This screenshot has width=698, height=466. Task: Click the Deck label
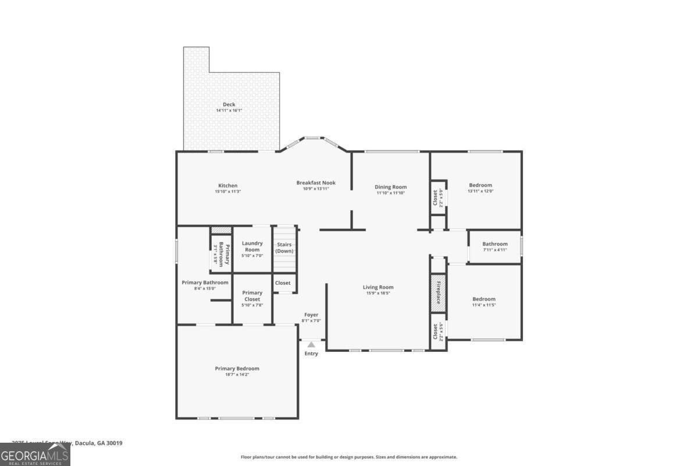[229, 107]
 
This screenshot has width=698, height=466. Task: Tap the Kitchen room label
[227, 188]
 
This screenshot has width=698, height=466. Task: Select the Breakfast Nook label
[316, 185]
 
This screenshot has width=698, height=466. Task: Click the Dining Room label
[390, 189]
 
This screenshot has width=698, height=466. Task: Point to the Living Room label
[378, 290]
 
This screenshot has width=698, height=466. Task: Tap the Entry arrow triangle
[311, 345]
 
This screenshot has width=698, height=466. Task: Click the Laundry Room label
[252, 249]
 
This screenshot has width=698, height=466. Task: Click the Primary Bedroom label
[237, 371]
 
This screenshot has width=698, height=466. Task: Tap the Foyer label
[311, 317]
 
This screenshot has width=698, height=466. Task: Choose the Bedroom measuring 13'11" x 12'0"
[480, 188]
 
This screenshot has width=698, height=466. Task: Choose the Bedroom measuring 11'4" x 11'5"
[483, 302]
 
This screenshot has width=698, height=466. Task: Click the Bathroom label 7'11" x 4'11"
[494, 246]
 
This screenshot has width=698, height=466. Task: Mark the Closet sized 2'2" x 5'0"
[438, 198]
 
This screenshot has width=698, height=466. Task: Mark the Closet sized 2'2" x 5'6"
[438, 332]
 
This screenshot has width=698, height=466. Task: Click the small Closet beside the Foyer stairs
[283, 283]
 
